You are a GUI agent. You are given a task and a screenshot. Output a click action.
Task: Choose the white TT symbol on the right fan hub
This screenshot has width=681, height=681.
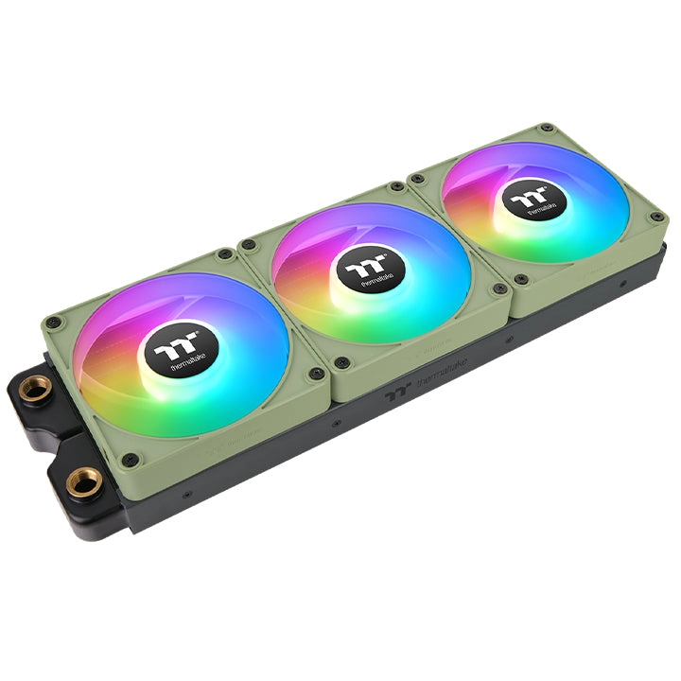(x=527, y=197)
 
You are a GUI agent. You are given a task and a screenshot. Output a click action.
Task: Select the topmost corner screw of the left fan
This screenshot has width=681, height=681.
(x=223, y=253)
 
